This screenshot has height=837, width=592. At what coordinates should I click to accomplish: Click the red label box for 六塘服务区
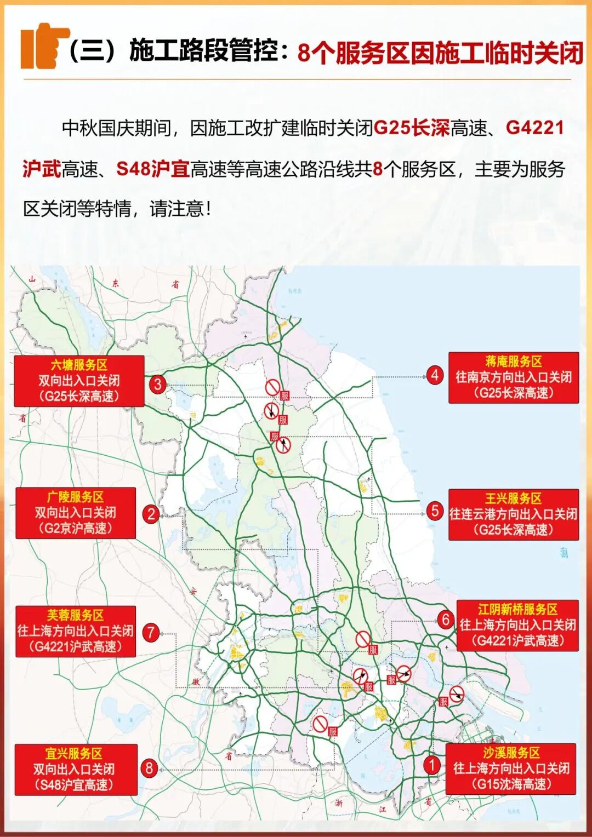(79, 381)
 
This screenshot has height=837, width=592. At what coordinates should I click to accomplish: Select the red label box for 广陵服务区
(76, 513)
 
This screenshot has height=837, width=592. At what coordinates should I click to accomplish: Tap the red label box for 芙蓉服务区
(76, 631)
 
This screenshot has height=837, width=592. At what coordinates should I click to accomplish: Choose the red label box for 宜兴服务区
(76, 769)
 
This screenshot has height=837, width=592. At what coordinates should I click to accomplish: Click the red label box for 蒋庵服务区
(514, 377)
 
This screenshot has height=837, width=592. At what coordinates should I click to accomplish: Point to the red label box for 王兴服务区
(514, 514)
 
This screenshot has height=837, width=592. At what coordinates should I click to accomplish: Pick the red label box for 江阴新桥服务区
(517, 625)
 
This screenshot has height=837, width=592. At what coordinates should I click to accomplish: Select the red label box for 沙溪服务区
(511, 769)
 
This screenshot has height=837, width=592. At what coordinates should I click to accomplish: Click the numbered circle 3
(158, 385)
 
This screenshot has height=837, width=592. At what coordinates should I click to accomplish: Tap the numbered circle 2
(151, 514)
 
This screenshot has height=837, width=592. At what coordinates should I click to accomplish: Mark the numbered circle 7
(151, 633)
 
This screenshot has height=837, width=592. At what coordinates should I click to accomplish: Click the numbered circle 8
(149, 768)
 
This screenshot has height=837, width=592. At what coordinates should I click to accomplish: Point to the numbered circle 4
(435, 375)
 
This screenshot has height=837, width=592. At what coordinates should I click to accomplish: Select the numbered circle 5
(435, 511)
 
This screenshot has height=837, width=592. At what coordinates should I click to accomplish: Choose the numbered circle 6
(446, 620)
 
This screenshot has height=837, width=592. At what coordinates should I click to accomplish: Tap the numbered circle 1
(432, 765)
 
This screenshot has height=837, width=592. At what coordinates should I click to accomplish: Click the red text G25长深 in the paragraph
(411, 128)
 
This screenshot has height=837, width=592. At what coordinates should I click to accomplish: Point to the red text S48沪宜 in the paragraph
(153, 169)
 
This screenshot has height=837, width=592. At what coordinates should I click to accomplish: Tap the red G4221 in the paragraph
(534, 128)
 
